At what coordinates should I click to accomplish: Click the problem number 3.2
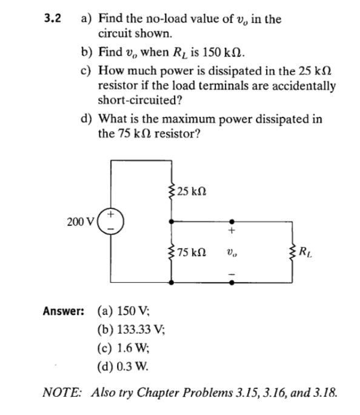click(53, 18)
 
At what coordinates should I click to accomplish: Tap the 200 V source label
click(79, 222)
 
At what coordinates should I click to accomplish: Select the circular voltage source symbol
click(112, 222)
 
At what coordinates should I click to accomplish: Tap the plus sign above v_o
click(231, 231)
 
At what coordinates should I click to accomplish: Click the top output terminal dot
click(231, 222)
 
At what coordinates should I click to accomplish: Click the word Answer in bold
click(63, 311)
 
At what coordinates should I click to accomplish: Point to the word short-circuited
click(130, 99)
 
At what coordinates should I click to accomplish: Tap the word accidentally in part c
click(306, 85)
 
